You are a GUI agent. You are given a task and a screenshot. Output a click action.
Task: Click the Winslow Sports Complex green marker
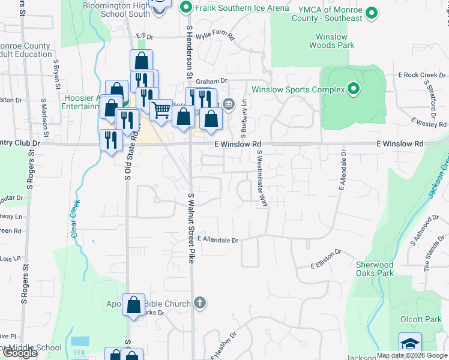[x=354, y=89]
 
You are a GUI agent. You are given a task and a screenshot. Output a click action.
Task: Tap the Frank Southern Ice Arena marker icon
[x=185, y=8]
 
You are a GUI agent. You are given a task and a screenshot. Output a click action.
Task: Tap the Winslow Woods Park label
[x=331, y=40]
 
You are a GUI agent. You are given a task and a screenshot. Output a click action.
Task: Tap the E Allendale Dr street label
[x=218, y=239]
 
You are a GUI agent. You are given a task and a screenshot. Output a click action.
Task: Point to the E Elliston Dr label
[x=326, y=259]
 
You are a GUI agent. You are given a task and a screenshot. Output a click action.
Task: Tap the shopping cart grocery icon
[x=161, y=110]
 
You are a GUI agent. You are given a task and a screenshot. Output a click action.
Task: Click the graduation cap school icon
[x=411, y=343]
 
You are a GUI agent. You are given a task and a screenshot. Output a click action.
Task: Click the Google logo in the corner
[x=20, y=353]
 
